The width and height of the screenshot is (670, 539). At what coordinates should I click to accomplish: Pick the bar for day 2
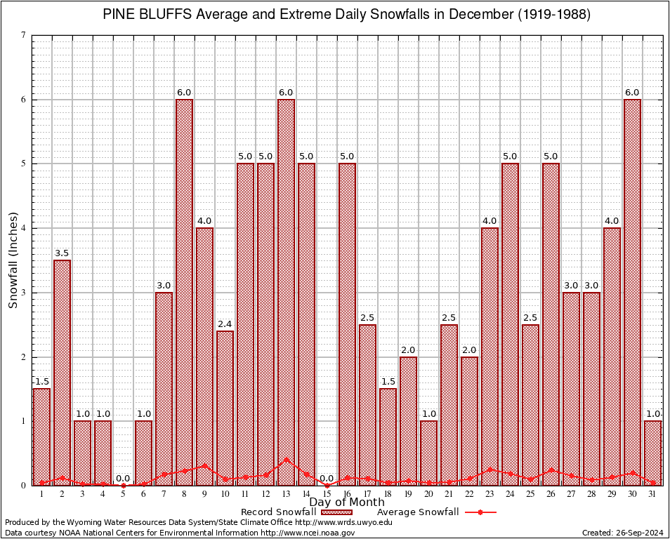click(62, 372)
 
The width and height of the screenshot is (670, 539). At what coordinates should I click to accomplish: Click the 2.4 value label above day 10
click(225, 324)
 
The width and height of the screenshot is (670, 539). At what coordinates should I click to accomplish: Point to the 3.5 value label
click(62, 253)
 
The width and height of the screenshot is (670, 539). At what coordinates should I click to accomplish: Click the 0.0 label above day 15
click(327, 479)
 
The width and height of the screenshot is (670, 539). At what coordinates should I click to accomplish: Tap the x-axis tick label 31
click(652, 494)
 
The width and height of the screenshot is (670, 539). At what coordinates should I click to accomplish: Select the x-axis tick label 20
click(428, 494)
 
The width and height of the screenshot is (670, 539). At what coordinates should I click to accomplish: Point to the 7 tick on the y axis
click(24, 35)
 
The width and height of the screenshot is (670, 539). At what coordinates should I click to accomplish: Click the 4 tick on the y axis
click(24, 228)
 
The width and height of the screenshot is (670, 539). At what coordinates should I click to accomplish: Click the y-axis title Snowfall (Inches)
click(13, 260)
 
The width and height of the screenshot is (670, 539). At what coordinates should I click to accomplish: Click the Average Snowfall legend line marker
click(480, 512)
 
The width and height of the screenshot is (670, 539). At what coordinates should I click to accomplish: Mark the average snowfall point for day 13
click(286, 460)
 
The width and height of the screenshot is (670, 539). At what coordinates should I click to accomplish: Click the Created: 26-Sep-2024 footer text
click(622, 533)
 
